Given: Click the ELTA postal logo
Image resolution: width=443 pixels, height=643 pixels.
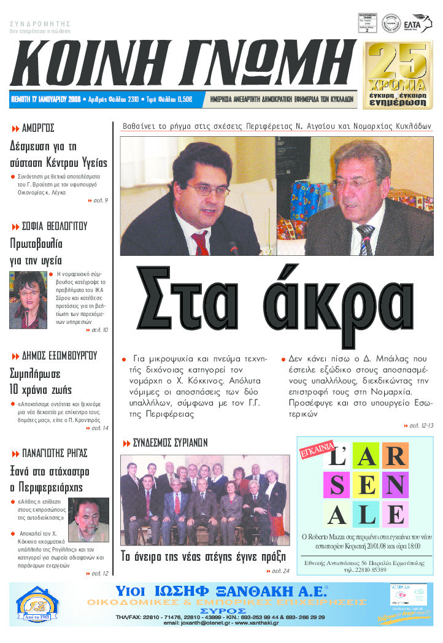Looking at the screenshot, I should tap(422, 22).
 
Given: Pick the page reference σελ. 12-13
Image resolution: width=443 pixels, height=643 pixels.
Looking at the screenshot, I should tap(421, 425).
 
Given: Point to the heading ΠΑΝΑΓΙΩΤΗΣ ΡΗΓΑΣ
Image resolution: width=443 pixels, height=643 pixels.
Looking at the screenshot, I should tap(55, 453).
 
